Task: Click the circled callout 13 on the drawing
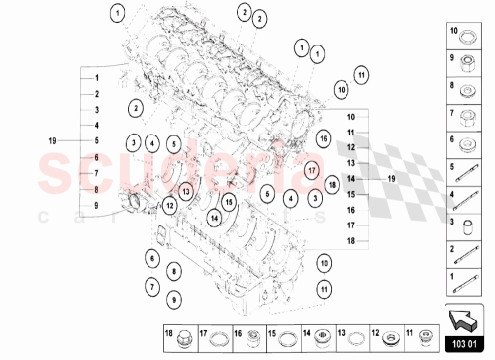(185, 188)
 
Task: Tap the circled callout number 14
(214, 216)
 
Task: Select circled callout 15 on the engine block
(229, 203)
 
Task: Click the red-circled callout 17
(311, 169)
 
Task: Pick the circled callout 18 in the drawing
(332, 184)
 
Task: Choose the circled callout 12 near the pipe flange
(170, 206)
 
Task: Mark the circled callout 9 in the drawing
(173, 299)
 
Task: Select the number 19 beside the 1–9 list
(55, 140)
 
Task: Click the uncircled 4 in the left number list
(97, 126)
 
